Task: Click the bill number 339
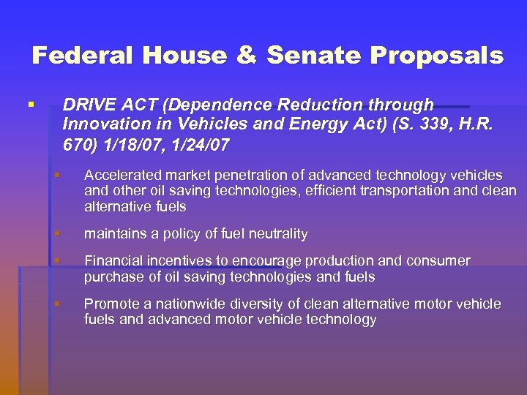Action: tap(422, 125)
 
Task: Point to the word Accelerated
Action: tap(123, 175)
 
